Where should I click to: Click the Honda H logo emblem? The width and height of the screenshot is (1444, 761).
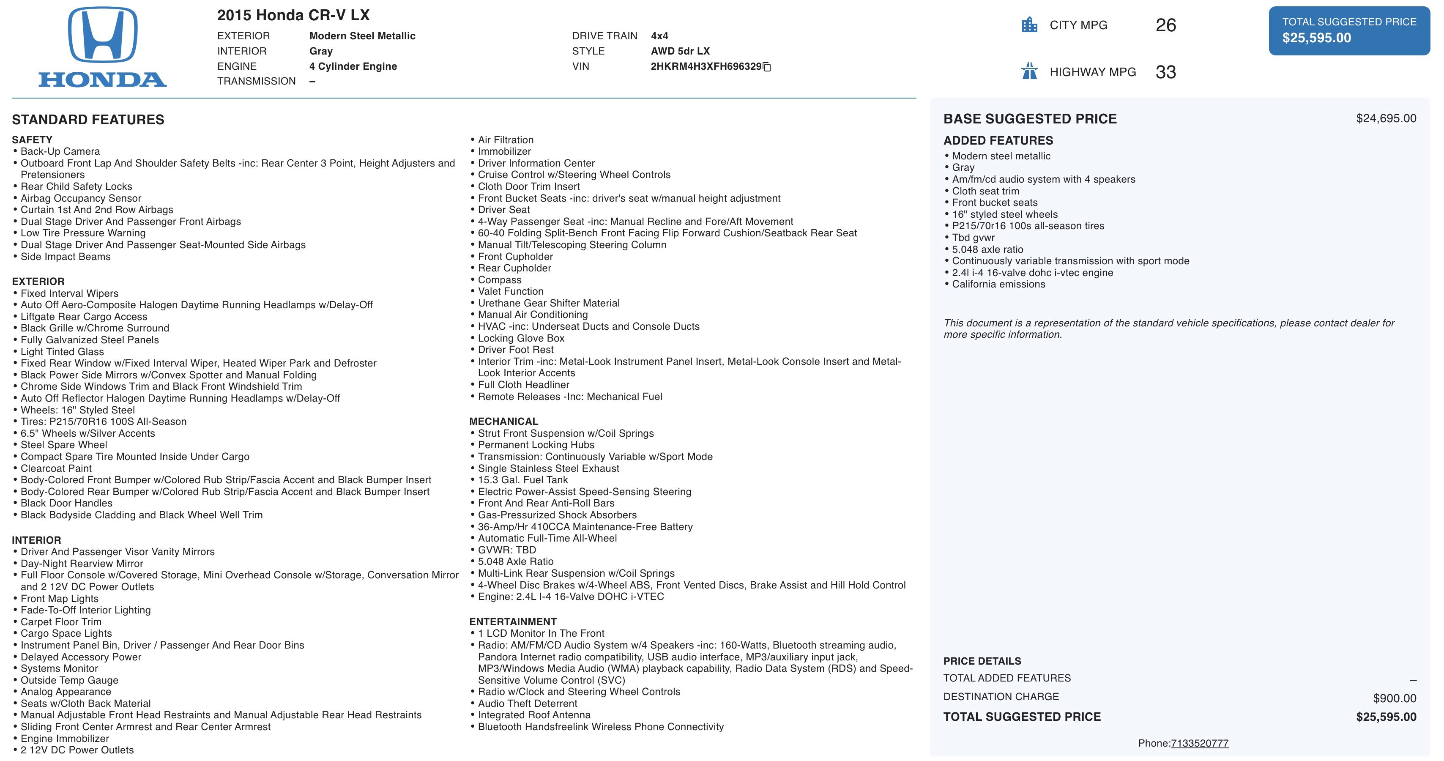tap(103, 35)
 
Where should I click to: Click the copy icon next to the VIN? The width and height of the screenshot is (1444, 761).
tap(767, 67)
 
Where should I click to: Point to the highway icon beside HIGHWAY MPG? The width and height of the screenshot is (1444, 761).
tap(1029, 72)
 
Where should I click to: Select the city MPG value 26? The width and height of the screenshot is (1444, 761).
tap(1165, 25)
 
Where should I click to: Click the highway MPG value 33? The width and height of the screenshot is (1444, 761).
tap(1165, 72)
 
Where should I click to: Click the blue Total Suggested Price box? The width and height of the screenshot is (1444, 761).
tap(1349, 31)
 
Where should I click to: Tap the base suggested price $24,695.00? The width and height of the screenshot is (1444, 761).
tap(1386, 118)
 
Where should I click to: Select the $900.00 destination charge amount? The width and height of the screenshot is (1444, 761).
tap(1394, 698)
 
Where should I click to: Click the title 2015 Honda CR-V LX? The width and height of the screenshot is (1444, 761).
tap(293, 15)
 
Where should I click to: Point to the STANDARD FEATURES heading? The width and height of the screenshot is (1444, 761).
tap(88, 120)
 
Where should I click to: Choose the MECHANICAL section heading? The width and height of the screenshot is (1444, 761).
tap(503, 421)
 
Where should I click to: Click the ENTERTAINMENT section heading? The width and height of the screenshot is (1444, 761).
tap(513, 621)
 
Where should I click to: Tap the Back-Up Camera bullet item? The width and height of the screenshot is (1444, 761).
tap(60, 151)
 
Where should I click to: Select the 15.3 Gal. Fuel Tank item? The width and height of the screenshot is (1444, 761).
tap(522, 480)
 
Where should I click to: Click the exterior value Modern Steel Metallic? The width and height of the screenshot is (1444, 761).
tap(362, 36)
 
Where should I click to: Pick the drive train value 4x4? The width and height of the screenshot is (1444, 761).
tap(659, 36)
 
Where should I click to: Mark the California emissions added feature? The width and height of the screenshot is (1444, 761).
tap(998, 285)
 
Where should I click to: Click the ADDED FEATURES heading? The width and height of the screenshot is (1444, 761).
tap(998, 141)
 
